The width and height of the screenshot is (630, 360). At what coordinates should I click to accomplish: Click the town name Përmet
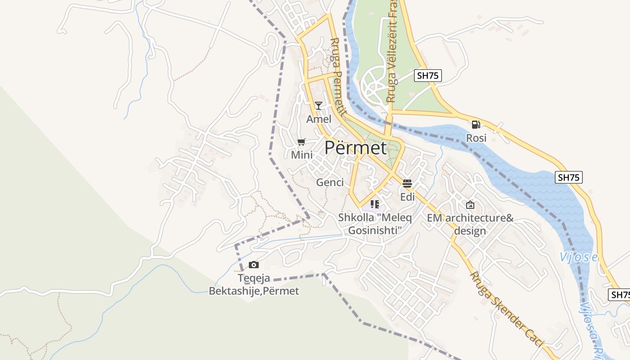(x=355, y=148)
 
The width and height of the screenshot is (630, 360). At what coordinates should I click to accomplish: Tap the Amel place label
(x=319, y=119)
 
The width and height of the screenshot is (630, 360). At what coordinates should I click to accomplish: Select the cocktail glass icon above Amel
(x=319, y=106)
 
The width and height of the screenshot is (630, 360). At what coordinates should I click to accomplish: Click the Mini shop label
(x=301, y=155)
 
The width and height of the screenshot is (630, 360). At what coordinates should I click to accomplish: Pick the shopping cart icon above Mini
(x=301, y=142)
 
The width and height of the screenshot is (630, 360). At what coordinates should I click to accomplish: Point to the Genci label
(x=330, y=182)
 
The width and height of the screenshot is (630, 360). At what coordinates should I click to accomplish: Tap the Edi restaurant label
(x=407, y=197)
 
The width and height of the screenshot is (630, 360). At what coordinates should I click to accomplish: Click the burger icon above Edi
(x=407, y=184)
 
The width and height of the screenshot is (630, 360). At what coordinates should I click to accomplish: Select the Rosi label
(x=476, y=138)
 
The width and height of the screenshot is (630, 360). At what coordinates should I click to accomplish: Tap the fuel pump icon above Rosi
(x=476, y=125)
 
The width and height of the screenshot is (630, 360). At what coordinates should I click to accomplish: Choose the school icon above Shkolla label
(x=375, y=204)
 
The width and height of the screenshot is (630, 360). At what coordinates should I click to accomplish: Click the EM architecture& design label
(x=470, y=225)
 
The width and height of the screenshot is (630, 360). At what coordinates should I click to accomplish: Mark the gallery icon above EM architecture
(x=470, y=205)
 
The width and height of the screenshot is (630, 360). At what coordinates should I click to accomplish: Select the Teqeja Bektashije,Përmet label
(x=254, y=285)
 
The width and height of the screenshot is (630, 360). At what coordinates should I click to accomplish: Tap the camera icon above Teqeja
(x=254, y=265)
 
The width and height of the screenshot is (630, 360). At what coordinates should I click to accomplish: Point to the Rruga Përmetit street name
(x=337, y=76)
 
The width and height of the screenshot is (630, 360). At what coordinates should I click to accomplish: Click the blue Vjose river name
(x=578, y=257)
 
